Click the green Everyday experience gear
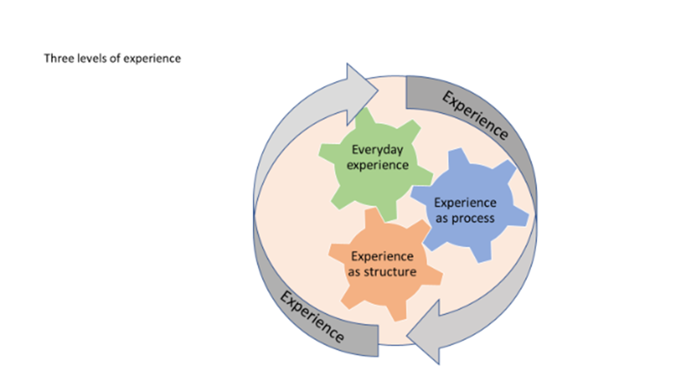click(376, 162)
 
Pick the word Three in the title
click(55, 58)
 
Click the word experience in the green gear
click(378, 164)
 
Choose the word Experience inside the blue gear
click(465, 203)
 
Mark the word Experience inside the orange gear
click(382, 256)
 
